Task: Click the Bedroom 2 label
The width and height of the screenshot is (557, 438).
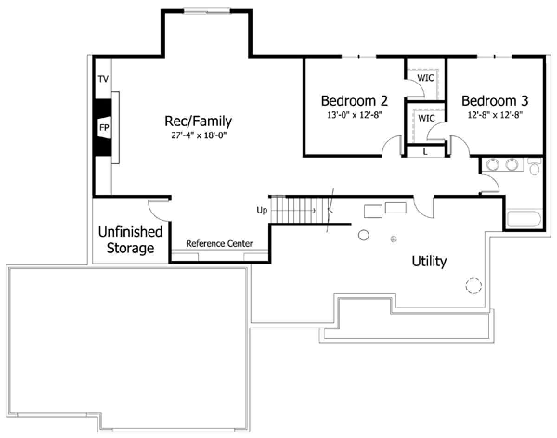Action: (x=354, y=101)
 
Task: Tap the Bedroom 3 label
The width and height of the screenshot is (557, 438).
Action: (x=495, y=101)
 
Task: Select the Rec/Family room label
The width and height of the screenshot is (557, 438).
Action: (x=198, y=122)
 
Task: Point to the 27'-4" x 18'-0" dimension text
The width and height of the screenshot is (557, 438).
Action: (x=199, y=135)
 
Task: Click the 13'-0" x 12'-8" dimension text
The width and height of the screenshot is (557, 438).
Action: (x=355, y=115)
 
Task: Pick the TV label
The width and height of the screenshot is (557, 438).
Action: (x=103, y=79)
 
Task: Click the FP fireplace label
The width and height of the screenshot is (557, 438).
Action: (x=104, y=128)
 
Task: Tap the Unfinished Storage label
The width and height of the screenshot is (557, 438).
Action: (x=130, y=240)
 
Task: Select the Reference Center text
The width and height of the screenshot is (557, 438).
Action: (x=219, y=244)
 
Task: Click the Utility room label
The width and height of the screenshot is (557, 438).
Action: (x=429, y=262)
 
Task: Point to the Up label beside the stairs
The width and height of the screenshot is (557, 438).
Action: (x=262, y=210)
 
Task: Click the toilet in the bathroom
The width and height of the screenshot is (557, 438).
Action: (x=534, y=167)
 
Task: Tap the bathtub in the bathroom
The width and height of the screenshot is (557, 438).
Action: (x=524, y=219)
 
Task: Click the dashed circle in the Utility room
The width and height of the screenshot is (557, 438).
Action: (x=473, y=286)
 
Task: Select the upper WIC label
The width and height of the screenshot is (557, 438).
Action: (x=426, y=77)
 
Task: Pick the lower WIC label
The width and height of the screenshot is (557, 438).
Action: (x=426, y=118)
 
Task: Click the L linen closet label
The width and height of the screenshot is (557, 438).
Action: (x=425, y=152)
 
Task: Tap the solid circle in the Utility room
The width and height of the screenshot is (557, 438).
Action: (x=363, y=235)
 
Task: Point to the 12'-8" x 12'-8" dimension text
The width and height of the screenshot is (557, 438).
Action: (x=495, y=115)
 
